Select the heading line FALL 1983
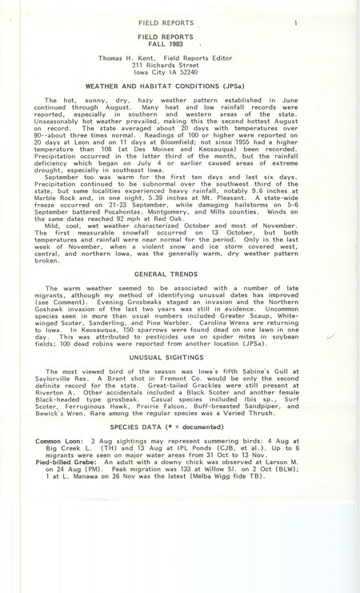click(x=178, y=46)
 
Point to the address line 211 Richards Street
click(x=177, y=70)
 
